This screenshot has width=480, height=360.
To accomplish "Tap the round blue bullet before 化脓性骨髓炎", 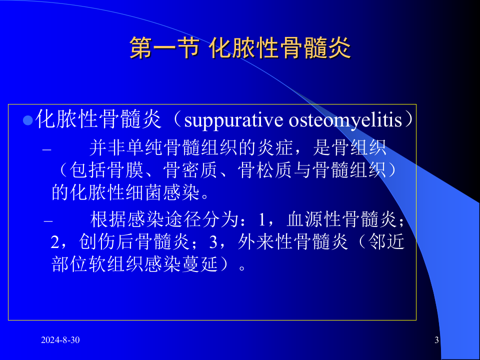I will tap(28, 120).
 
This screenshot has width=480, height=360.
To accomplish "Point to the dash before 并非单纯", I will tap(47, 149).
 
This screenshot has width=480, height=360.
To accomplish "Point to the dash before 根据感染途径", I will tap(47, 220).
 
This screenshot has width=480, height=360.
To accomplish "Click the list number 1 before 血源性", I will tap(262, 220).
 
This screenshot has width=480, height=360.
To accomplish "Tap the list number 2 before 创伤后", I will tap(55, 242).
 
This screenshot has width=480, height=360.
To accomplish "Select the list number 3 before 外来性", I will tap(214, 242).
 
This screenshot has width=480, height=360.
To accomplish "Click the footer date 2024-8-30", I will tap(60, 340).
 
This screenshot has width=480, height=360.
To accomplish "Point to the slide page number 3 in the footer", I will tap(436, 340).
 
